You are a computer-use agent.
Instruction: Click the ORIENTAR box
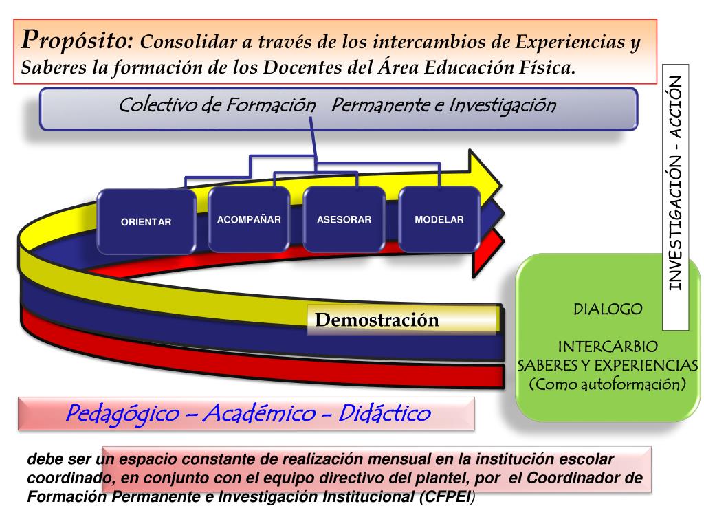click(x=146, y=221)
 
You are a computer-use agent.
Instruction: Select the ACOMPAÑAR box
click(x=249, y=220)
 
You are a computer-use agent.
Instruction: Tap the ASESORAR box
click(x=344, y=220)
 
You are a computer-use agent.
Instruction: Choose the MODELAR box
click(x=439, y=220)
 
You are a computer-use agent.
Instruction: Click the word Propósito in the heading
click(x=76, y=41)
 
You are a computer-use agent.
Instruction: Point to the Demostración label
click(x=377, y=320)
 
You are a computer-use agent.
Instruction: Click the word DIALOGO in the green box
click(x=608, y=309)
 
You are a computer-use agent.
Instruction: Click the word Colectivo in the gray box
click(x=153, y=106)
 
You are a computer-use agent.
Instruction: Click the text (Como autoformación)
click(x=608, y=384)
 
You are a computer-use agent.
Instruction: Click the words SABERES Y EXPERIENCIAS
click(x=608, y=364)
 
